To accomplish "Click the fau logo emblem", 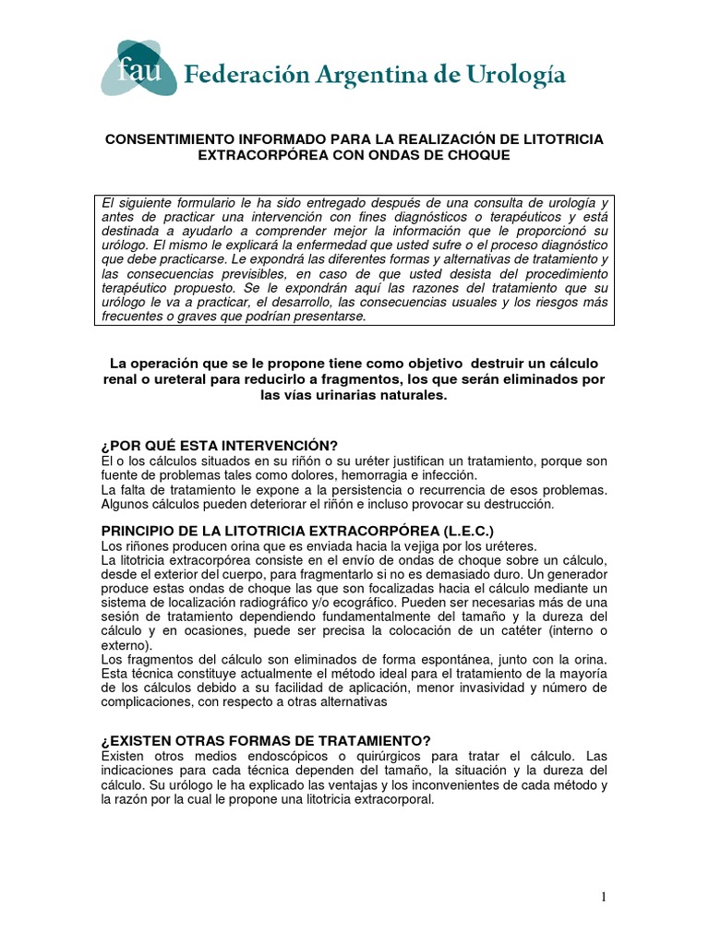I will (x=138, y=67).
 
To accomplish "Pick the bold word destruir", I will (x=473, y=361).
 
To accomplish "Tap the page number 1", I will (x=602, y=898).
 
